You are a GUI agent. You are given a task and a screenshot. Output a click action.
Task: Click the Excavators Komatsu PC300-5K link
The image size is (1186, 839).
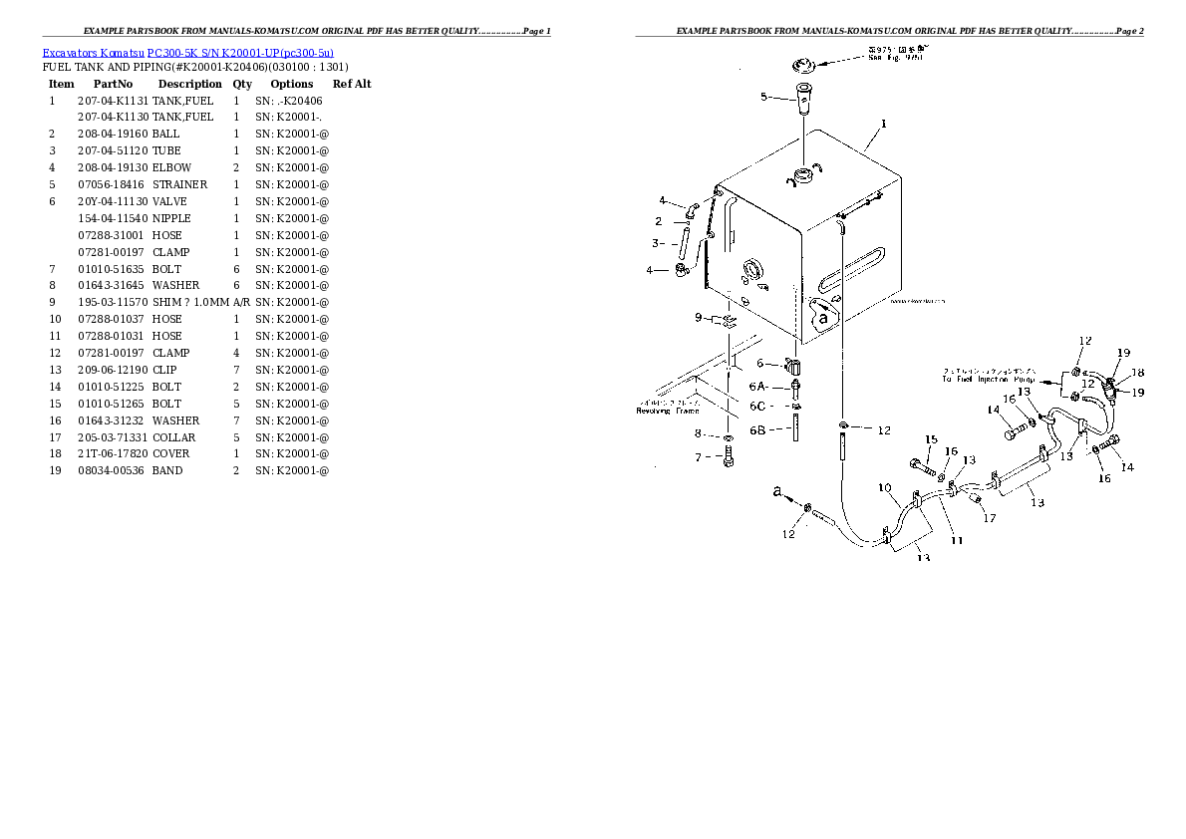(x=187, y=52)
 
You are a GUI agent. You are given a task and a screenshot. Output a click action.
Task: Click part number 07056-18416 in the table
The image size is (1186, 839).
(x=111, y=184)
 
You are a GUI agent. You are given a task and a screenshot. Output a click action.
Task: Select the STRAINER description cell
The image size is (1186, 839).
(x=179, y=184)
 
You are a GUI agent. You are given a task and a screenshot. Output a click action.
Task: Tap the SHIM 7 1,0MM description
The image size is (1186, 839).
(x=190, y=302)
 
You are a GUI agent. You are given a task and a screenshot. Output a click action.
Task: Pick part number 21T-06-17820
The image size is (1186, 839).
(x=112, y=453)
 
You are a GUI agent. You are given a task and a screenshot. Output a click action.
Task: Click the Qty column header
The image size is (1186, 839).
(x=242, y=84)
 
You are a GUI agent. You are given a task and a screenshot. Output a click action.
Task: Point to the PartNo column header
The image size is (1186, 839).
(x=113, y=84)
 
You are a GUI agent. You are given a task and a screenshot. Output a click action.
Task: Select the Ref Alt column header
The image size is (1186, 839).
(x=351, y=84)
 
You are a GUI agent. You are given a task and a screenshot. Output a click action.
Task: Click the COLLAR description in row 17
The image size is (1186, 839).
(x=173, y=437)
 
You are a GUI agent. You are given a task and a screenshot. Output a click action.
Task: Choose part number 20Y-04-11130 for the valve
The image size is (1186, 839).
(x=112, y=201)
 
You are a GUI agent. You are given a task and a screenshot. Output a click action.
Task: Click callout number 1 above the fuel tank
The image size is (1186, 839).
(x=883, y=126)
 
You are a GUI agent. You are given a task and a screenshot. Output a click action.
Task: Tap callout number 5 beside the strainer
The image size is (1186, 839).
(x=763, y=97)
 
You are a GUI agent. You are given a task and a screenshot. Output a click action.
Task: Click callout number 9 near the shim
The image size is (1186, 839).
(x=699, y=318)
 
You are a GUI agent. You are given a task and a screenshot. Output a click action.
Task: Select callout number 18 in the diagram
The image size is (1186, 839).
(x=1138, y=372)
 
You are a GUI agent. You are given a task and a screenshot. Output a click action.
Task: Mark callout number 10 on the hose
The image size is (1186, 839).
(x=883, y=487)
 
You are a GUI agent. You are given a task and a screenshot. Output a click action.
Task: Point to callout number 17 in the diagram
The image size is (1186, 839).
(x=989, y=517)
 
